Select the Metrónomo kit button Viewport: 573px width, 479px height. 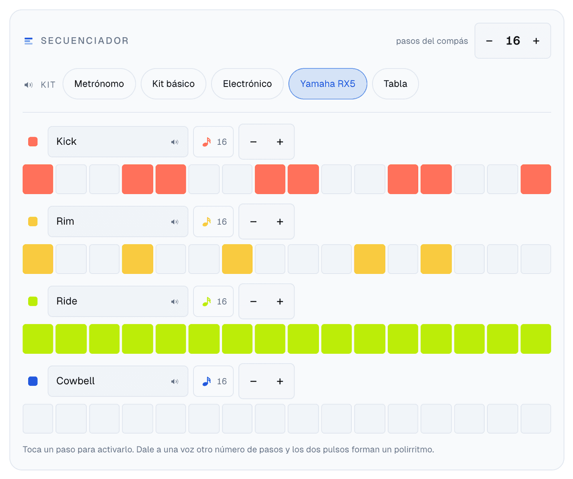click(99, 84)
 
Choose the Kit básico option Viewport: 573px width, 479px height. click(173, 84)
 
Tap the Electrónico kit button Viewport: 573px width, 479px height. click(247, 84)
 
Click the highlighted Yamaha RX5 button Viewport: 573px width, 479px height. click(328, 84)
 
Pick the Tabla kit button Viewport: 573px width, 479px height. click(395, 84)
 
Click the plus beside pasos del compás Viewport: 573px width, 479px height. click(536, 41)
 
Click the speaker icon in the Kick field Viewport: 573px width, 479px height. click(175, 142)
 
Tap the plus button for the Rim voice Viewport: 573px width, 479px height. click(280, 221)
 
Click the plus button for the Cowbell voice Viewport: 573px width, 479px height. click(280, 381)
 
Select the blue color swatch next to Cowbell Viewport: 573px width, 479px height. click(33, 381)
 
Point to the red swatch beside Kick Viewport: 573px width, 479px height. click(33, 142)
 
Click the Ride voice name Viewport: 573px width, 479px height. click(67, 301)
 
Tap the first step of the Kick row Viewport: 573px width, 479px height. click(38, 179)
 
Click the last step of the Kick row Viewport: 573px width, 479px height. click(535, 179)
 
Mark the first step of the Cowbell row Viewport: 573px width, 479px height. click(38, 418)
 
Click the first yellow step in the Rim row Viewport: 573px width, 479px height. click(38, 259)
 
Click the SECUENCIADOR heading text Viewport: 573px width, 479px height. click(85, 41)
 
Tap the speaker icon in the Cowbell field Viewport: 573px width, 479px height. click(175, 381)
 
